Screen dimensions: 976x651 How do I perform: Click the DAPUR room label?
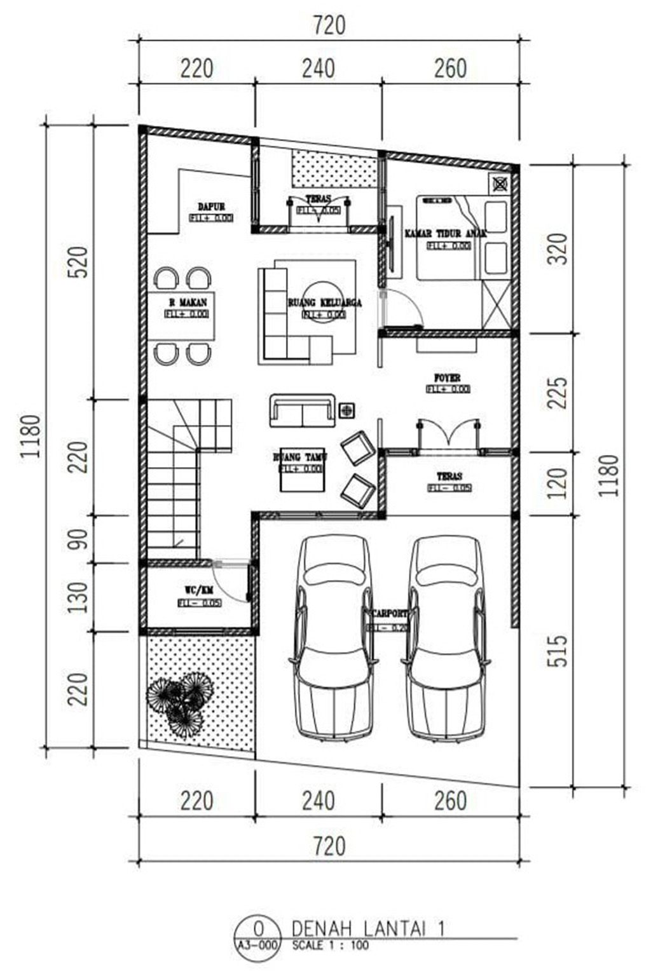pyautogui.click(x=211, y=207)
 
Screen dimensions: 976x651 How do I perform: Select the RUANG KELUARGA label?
pyautogui.click(x=324, y=303)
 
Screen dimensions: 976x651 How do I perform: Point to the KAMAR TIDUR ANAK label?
pyautogui.click(x=446, y=234)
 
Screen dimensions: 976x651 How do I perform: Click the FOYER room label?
pyautogui.click(x=448, y=379)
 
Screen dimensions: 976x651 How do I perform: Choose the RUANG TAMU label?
pyautogui.click(x=300, y=457)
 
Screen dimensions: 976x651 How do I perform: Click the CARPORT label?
pyautogui.click(x=390, y=614)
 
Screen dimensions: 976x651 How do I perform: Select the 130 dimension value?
pyautogui.click(x=78, y=597)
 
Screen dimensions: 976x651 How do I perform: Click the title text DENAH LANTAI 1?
pyautogui.click(x=368, y=928)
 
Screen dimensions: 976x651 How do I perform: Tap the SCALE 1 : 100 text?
pyautogui.click(x=330, y=945)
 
